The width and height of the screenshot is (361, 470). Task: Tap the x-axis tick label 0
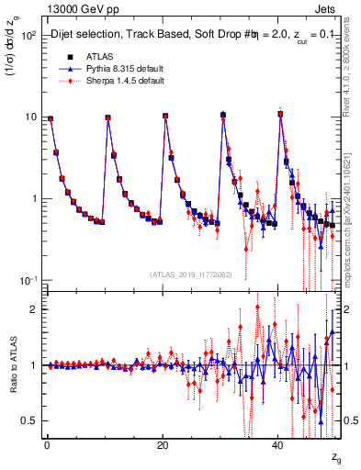46,445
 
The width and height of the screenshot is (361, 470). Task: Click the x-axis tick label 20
162,445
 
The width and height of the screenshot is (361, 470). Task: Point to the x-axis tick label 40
277,445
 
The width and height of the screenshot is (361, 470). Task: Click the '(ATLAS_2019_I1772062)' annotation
189,274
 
